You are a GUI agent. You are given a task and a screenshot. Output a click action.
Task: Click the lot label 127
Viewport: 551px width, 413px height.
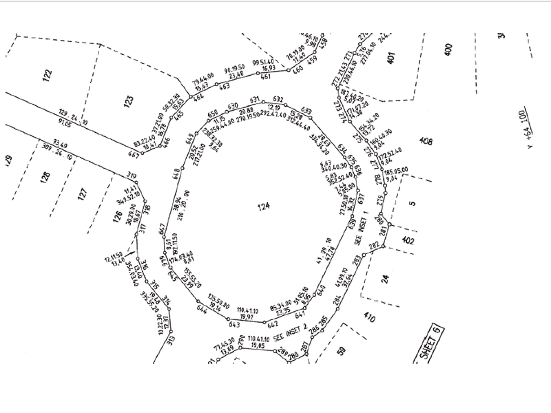click(81, 193)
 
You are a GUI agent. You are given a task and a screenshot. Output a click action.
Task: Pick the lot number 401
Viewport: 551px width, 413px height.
click(391, 59)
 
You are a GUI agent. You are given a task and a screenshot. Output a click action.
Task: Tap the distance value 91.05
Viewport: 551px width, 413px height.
click(66, 124)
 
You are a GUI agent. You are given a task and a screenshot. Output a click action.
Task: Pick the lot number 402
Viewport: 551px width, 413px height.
click(409, 240)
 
